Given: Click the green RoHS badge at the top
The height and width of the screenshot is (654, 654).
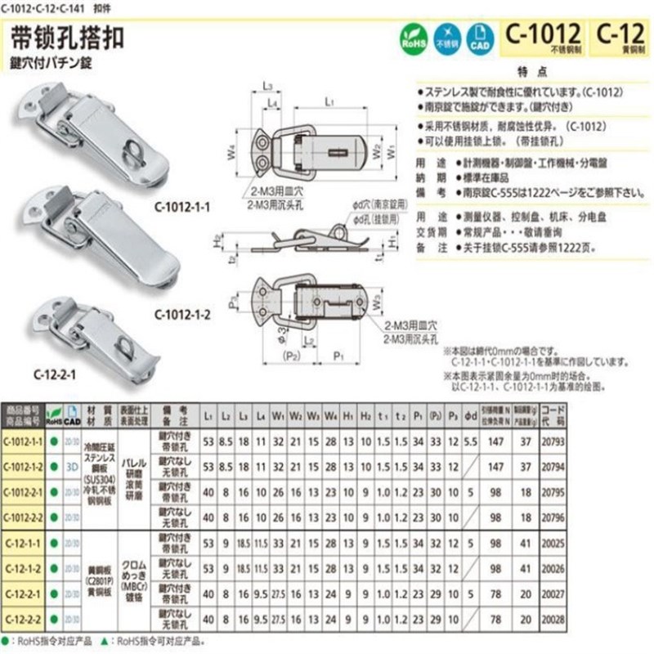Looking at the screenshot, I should pyautogui.click(x=413, y=38).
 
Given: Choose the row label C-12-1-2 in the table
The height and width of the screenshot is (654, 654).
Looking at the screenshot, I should pyautogui.click(x=25, y=567).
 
